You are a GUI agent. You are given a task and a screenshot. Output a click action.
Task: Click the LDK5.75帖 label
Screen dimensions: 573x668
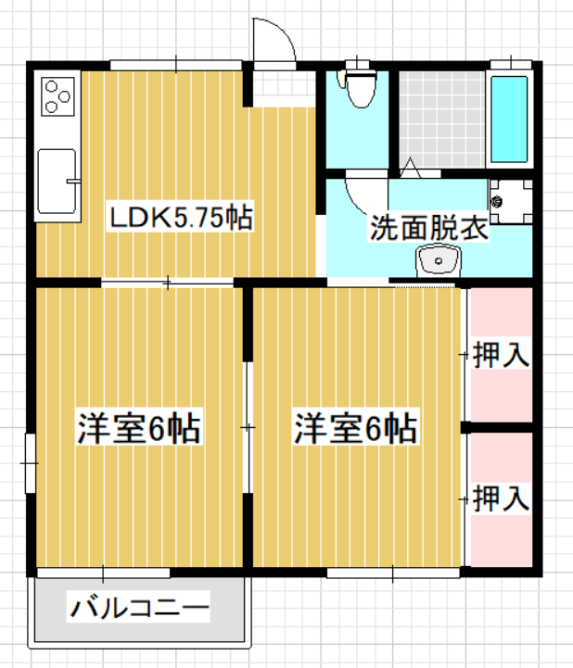181,218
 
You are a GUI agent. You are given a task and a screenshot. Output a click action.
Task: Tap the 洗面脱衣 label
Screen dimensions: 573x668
428,228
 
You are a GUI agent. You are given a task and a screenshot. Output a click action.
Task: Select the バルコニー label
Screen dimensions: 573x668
139,607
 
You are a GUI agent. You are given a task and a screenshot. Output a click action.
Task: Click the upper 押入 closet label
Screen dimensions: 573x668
502,355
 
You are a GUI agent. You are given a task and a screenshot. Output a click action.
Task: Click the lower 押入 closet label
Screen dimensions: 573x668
502,498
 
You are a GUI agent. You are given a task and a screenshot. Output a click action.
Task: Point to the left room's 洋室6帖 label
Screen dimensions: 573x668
138,428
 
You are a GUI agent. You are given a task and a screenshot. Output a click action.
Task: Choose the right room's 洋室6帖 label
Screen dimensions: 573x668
355,428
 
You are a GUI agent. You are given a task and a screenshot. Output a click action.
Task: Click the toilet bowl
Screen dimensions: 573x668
361,88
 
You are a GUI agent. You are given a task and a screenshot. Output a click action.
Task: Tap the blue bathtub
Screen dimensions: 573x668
509,120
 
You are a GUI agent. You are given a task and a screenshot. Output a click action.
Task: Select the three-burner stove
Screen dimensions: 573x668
58,96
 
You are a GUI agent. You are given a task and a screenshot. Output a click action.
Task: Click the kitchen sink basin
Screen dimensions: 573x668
57,181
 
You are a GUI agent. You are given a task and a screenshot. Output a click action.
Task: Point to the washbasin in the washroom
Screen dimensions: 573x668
438,259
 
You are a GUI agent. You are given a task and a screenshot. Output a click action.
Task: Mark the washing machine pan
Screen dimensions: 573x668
511,201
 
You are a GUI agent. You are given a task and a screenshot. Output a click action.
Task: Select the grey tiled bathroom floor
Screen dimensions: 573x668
441,120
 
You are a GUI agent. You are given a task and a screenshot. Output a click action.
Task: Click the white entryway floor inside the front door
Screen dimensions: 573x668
284,89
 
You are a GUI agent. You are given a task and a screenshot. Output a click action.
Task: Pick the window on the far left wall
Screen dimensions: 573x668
30,463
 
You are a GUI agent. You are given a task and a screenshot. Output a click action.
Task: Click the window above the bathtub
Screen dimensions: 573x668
511,65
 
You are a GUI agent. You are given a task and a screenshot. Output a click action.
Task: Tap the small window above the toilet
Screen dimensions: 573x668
357,65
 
